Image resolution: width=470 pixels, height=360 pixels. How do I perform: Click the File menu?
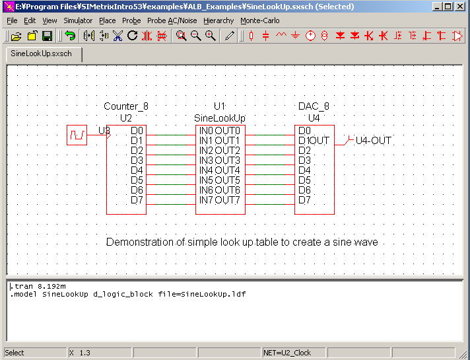pos(12,20)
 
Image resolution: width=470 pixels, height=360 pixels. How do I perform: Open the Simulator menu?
pos(78,20)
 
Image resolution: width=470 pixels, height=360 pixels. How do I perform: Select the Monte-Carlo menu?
pos(260,20)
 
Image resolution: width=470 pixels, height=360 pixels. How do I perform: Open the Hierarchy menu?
pos(218,20)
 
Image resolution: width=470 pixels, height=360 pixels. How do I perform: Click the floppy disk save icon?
pos(47,36)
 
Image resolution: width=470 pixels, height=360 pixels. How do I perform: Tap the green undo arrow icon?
pos(70,36)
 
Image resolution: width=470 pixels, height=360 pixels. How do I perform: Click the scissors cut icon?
pos(117,36)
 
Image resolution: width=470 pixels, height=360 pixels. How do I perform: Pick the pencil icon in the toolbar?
pos(229,36)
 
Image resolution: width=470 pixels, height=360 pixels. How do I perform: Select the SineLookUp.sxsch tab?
pos(42,54)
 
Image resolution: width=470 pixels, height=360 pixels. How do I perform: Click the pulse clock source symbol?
pos(77,135)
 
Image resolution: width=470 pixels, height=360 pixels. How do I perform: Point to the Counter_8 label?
pos(126,106)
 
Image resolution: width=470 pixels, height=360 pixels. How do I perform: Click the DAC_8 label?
pos(314,106)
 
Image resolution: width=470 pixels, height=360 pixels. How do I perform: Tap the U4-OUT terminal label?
pos(373,141)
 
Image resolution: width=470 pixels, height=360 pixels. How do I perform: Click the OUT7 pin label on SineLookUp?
pos(228,199)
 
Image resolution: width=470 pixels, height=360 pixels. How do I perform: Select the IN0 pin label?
pos(206,131)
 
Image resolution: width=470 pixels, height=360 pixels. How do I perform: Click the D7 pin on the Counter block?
pos(137,199)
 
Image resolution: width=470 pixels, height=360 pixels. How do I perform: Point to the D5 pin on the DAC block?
pos(304,180)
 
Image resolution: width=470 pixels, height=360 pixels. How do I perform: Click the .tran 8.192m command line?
pos(38,286)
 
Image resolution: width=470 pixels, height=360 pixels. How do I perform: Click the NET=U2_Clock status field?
pos(287,353)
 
